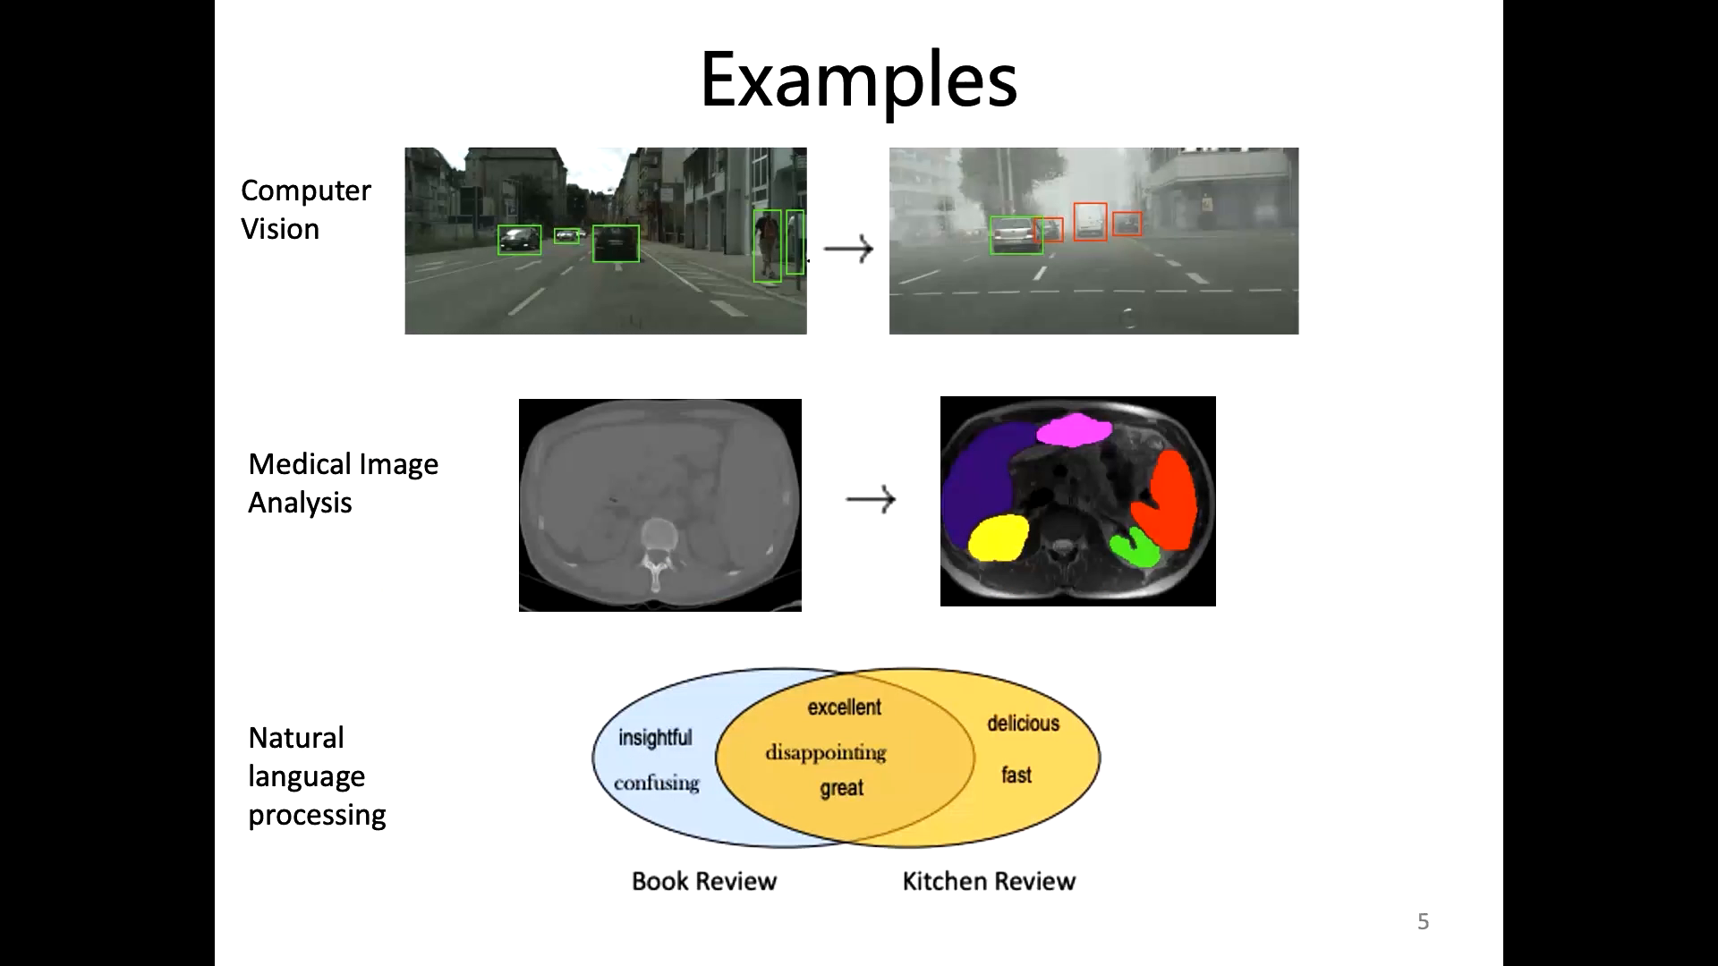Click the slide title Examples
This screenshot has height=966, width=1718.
(858, 80)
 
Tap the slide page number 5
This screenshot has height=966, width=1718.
(1423, 921)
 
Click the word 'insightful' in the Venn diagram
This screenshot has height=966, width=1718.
(655, 738)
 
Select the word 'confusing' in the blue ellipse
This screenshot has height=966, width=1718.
(656, 784)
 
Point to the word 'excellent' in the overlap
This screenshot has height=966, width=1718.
(844, 708)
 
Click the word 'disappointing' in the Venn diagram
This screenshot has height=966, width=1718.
(825, 752)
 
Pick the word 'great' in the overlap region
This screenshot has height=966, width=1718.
(841, 788)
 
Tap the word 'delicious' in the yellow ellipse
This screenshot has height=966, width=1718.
(1023, 723)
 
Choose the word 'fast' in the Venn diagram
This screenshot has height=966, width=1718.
(1016, 775)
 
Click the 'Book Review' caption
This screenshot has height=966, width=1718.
(704, 881)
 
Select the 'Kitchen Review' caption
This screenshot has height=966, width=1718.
(989, 881)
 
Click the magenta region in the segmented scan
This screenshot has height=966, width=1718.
(1074, 430)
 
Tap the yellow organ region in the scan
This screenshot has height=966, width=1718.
(997, 538)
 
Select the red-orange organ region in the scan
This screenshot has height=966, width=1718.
(1168, 501)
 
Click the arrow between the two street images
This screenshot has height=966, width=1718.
(847, 249)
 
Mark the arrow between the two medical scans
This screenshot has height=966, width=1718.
(871, 499)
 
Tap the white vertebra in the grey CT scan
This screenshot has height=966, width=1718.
(658, 537)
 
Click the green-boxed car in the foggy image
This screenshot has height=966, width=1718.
(1014, 235)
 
